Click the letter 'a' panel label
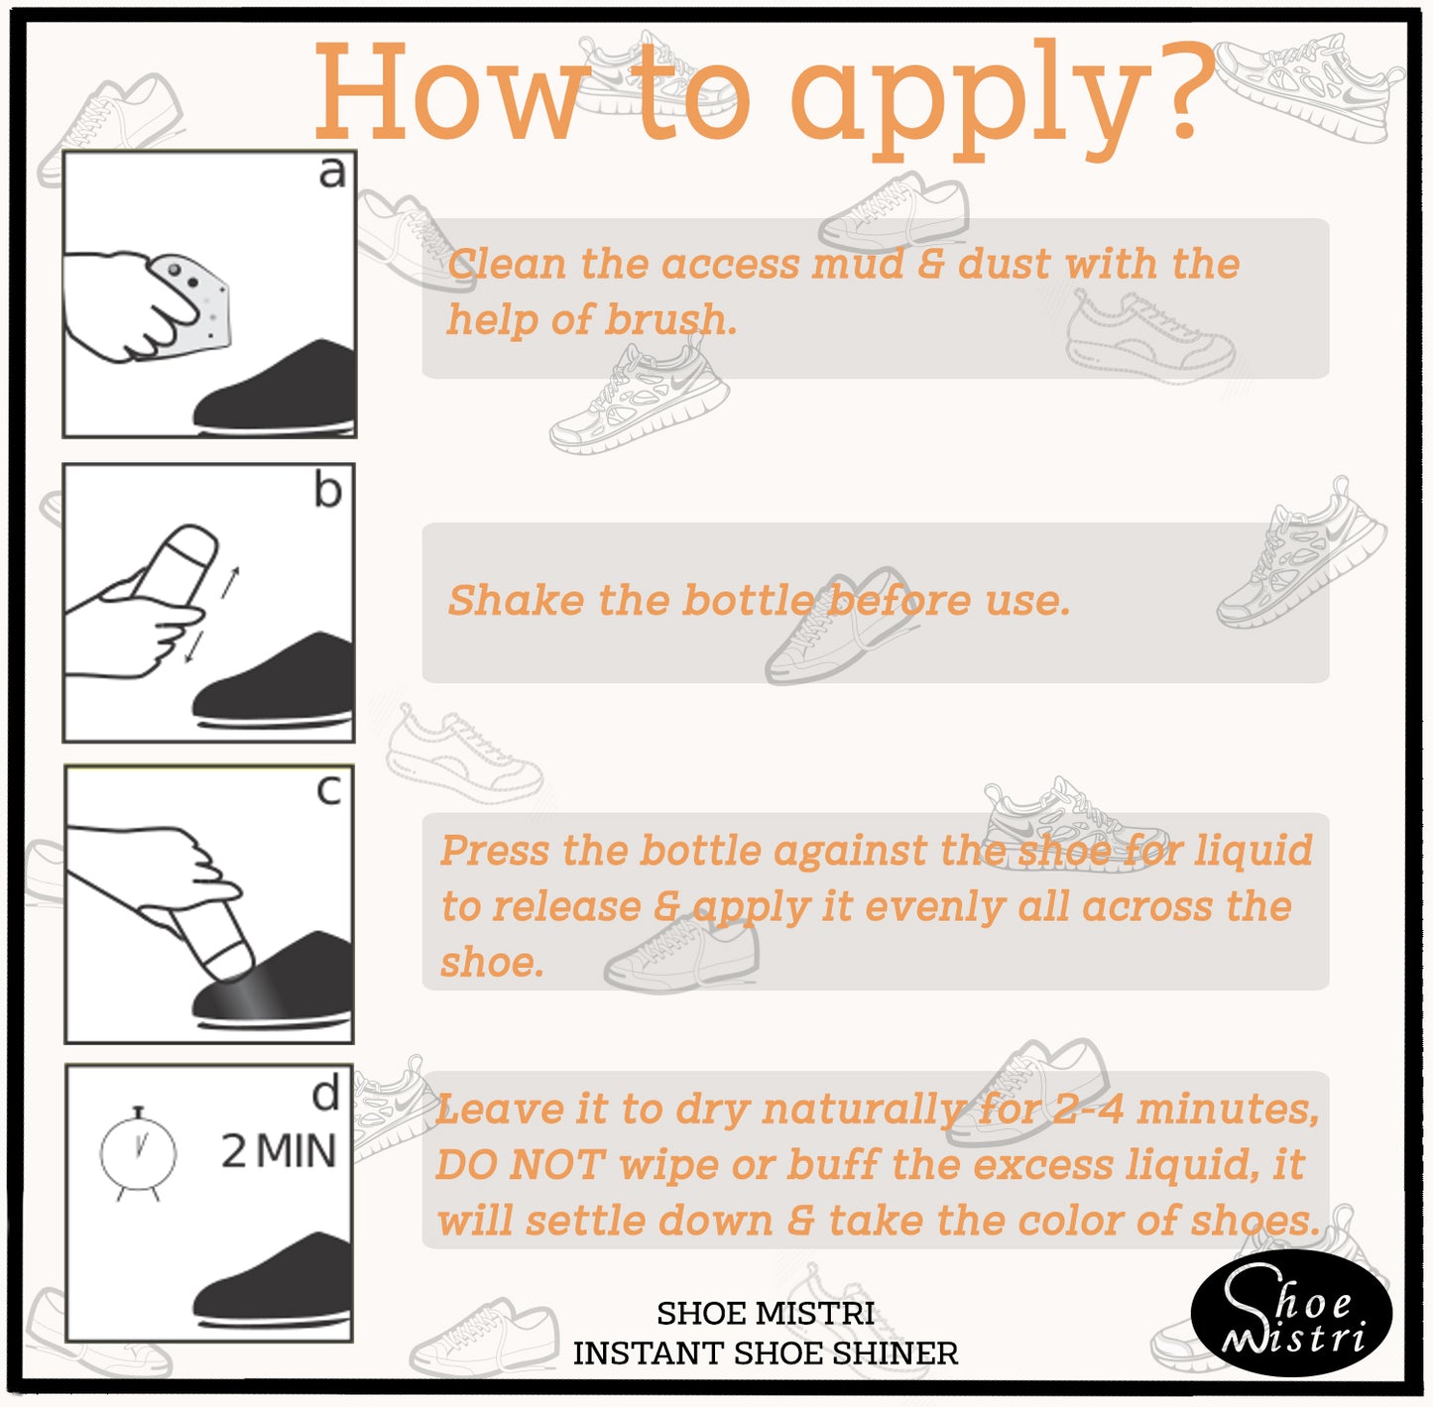tap(332, 174)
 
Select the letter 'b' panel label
tap(328, 490)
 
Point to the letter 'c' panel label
tap(329, 790)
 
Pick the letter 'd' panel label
tap(325, 1093)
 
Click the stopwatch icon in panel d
tap(138, 1152)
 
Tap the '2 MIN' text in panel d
tap(279, 1152)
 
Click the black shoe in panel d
tap(272, 1279)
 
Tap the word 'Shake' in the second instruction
tap(516, 600)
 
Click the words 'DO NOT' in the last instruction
tap(520, 1164)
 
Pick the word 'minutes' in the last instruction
tap(1227, 1111)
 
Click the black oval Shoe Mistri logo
tap(1291, 1312)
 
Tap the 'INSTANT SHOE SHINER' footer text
tap(766, 1353)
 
